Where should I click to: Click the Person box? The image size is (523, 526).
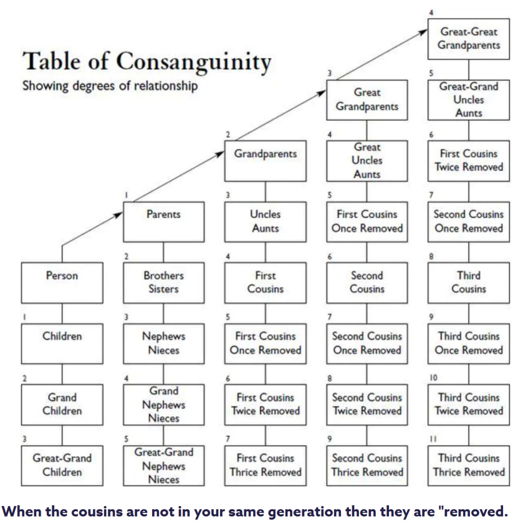pyautogui.click(x=62, y=282)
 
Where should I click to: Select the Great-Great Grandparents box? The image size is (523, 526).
pyautogui.click(x=468, y=38)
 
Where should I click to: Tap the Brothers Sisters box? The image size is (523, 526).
pyautogui.click(x=164, y=282)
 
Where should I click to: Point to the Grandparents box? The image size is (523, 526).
pyautogui.click(x=265, y=160)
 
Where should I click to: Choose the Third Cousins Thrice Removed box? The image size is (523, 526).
pyautogui.click(x=468, y=466)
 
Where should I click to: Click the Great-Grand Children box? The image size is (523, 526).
pyautogui.click(x=62, y=466)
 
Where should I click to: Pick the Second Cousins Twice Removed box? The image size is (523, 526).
pyautogui.click(x=367, y=404)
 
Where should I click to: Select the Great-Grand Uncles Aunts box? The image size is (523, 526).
pyautogui.click(x=468, y=99)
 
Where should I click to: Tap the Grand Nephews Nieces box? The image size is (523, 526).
pyautogui.click(x=164, y=404)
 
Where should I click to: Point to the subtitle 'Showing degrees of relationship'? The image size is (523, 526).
pyautogui.click(x=110, y=86)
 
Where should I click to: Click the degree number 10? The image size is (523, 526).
pyautogui.click(x=434, y=378)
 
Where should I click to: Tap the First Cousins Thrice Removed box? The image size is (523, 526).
pyautogui.click(x=265, y=466)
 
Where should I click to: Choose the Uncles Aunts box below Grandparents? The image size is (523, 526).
pyautogui.click(x=265, y=221)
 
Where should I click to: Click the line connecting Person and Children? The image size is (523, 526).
pyautogui.click(x=62, y=313)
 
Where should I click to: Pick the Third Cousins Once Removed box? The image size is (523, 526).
pyautogui.click(x=468, y=343)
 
